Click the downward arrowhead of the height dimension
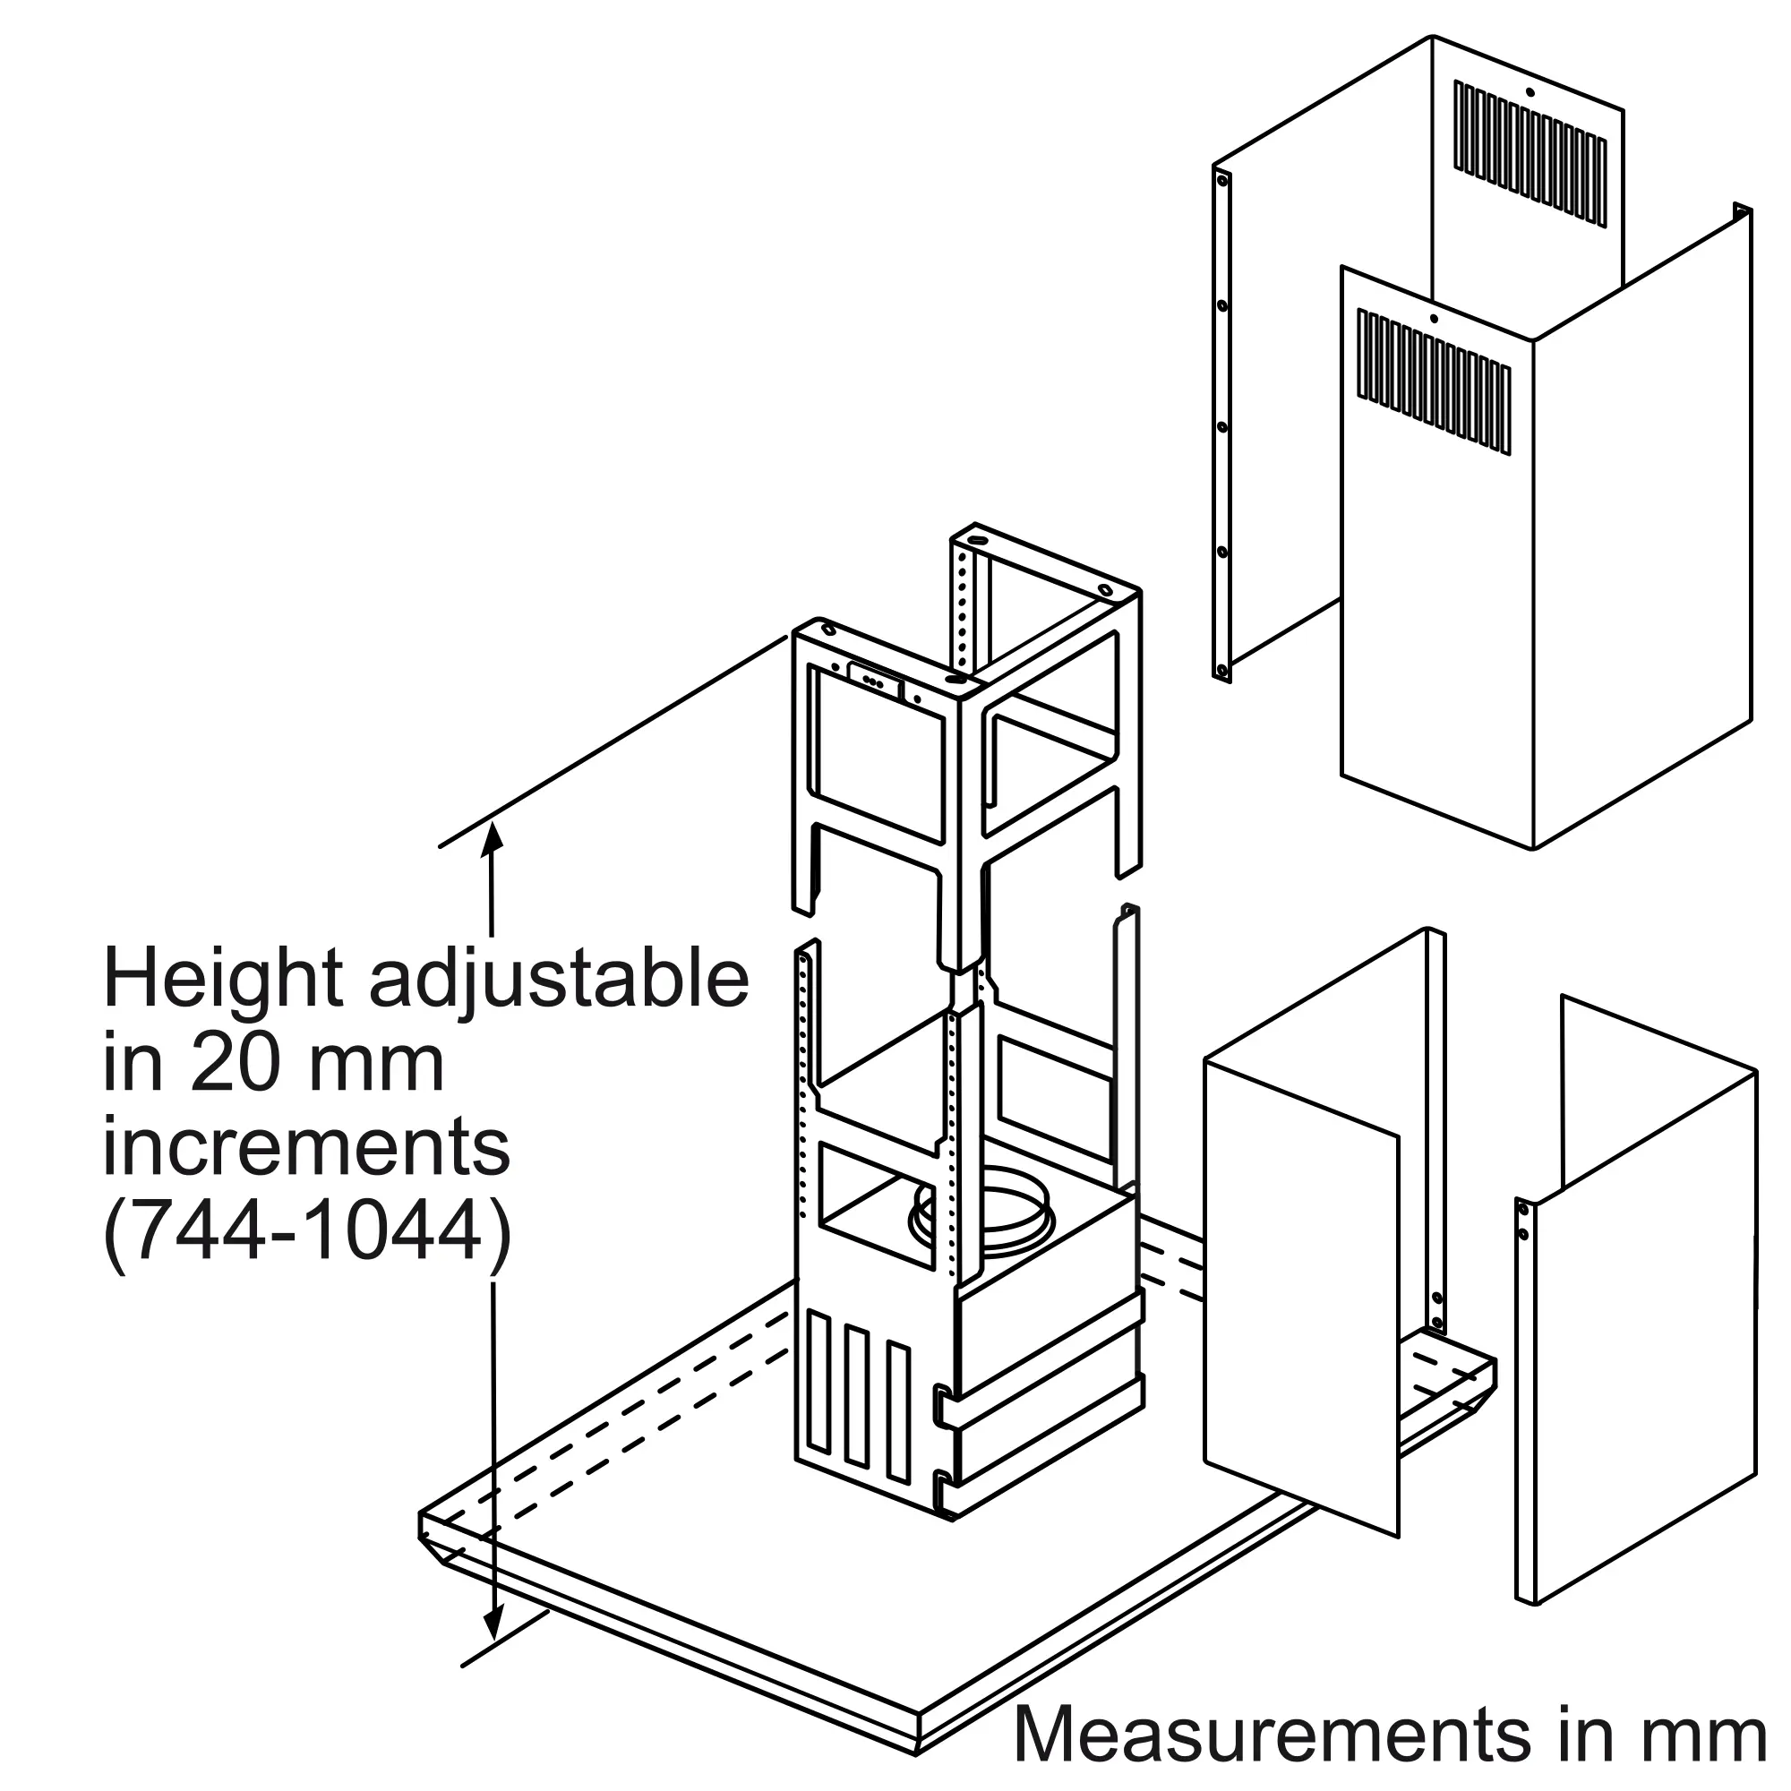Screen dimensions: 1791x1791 (493, 1649)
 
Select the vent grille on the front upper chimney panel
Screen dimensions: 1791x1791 (1434, 382)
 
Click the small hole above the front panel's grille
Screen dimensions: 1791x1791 (1433, 320)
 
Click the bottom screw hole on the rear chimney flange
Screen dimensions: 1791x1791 (1222, 669)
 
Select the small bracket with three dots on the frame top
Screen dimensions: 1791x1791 (874, 680)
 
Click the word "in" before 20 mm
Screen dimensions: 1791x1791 (134, 1067)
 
